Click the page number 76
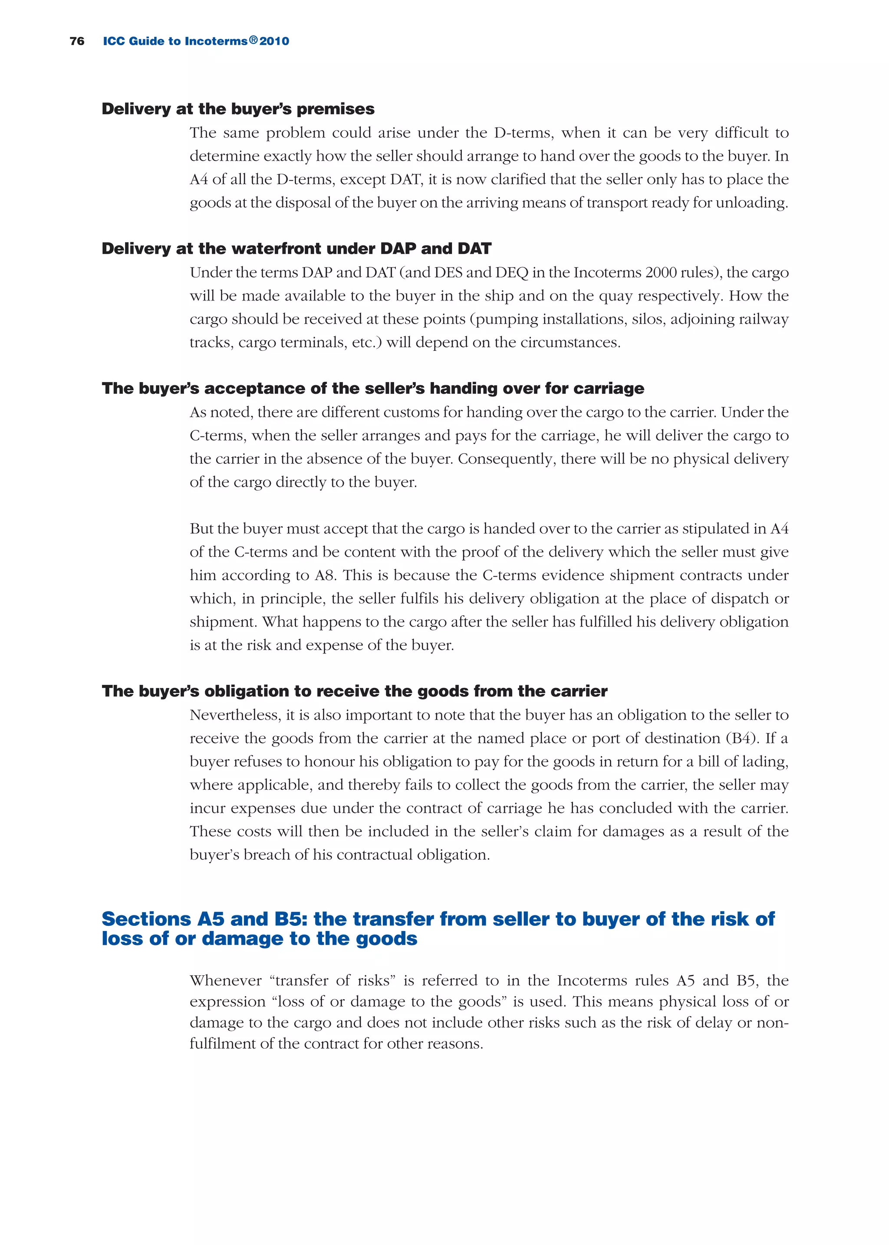coord(77,41)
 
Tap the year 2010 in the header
coord(274,41)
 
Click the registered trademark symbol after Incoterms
coord(253,40)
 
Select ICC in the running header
coord(114,41)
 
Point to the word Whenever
coord(226,981)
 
